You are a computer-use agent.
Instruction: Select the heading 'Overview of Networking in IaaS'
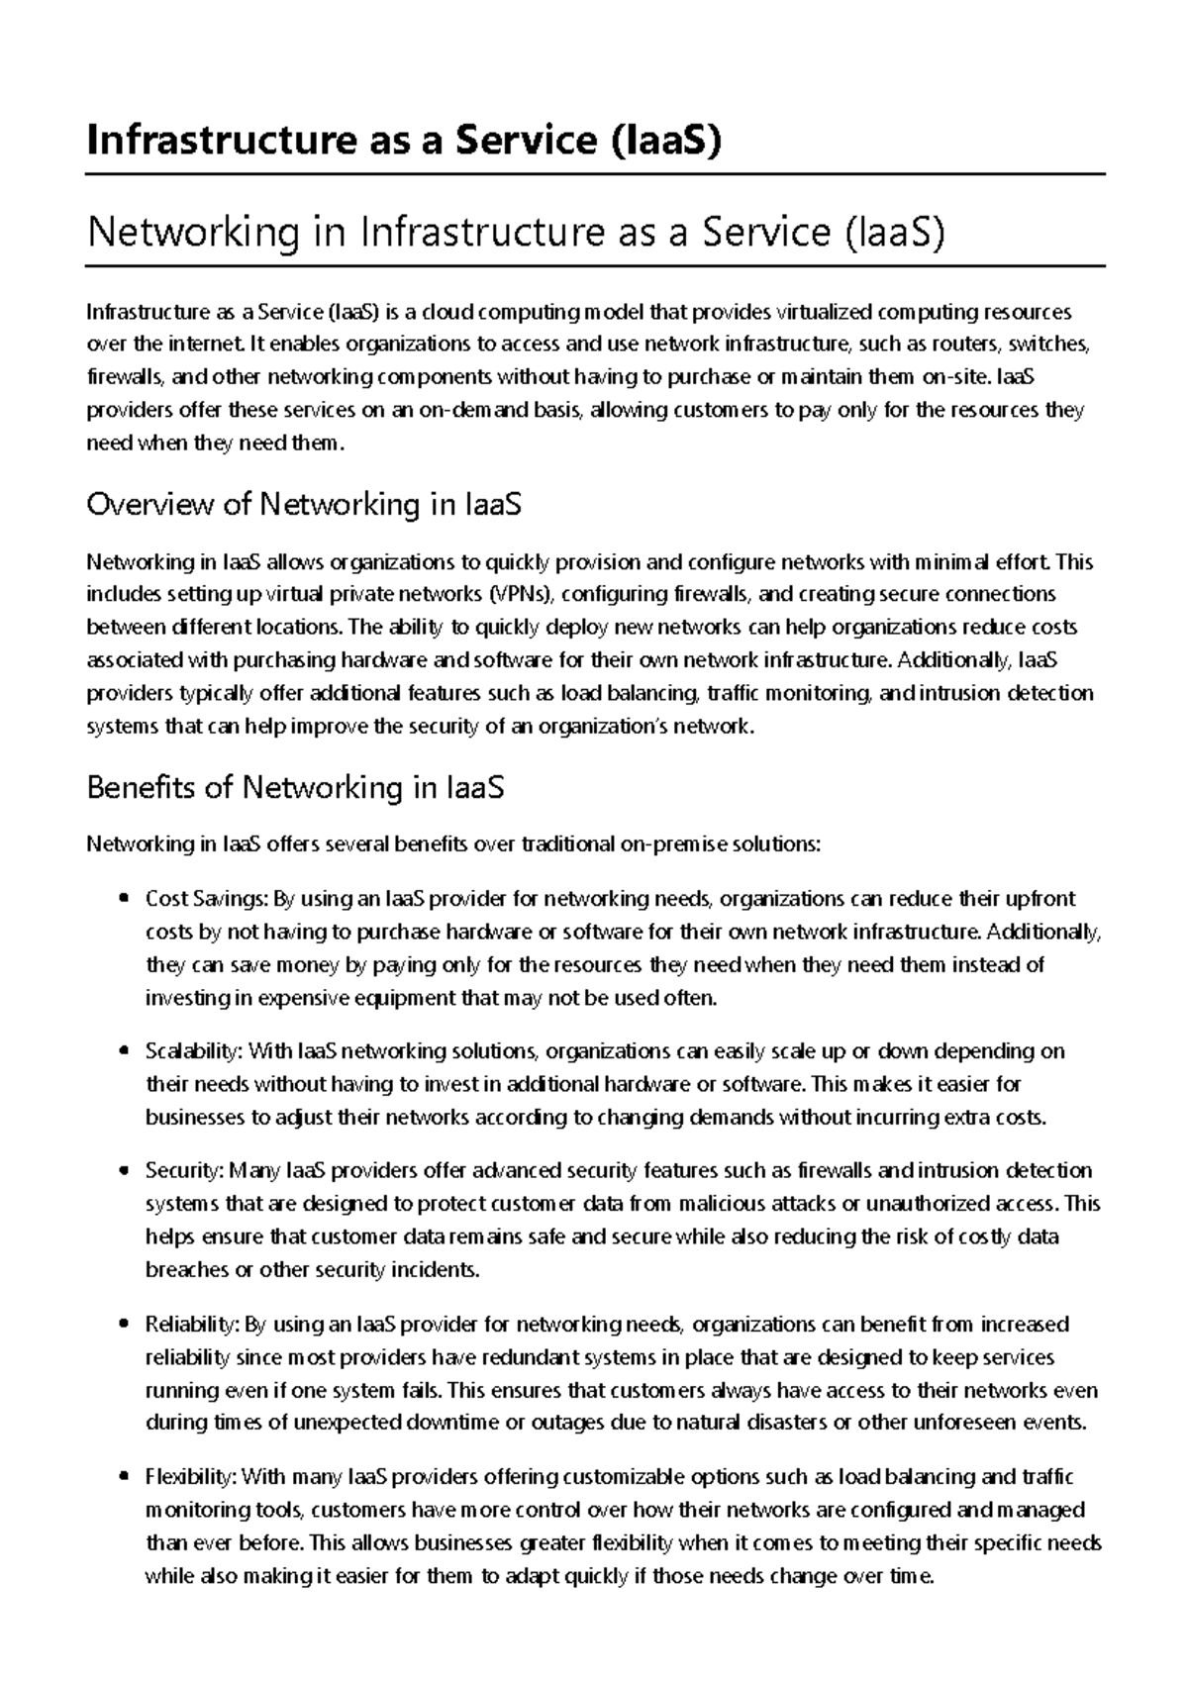click(x=304, y=505)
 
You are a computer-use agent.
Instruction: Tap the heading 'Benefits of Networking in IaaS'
click(x=296, y=788)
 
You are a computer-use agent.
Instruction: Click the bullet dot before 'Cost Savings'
click(x=124, y=900)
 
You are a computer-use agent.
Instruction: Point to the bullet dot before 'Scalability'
click(x=124, y=1051)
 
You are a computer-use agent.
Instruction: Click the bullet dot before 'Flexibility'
click(x=124, y=1478)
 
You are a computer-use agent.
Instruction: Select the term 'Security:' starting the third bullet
click(x=184, y=1171)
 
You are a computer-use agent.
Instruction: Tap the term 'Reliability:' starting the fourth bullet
click(x=192, y=1325)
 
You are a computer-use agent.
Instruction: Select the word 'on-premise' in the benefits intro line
click(x=673, y=844)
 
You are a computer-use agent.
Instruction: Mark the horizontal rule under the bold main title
click(x=594, y=174)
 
